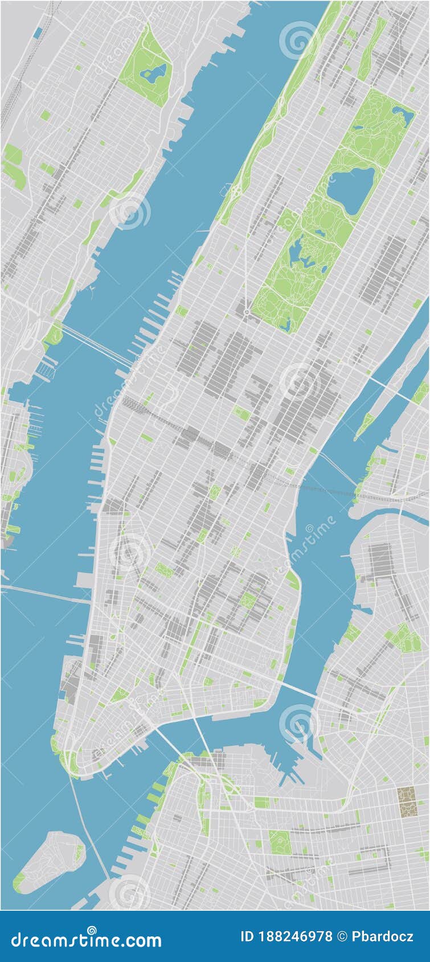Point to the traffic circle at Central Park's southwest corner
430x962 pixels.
pos(247,312)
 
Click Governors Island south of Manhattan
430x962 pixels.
pos(51,860)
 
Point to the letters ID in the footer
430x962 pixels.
pos(248,936)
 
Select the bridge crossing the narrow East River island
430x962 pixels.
pos(393,387)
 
